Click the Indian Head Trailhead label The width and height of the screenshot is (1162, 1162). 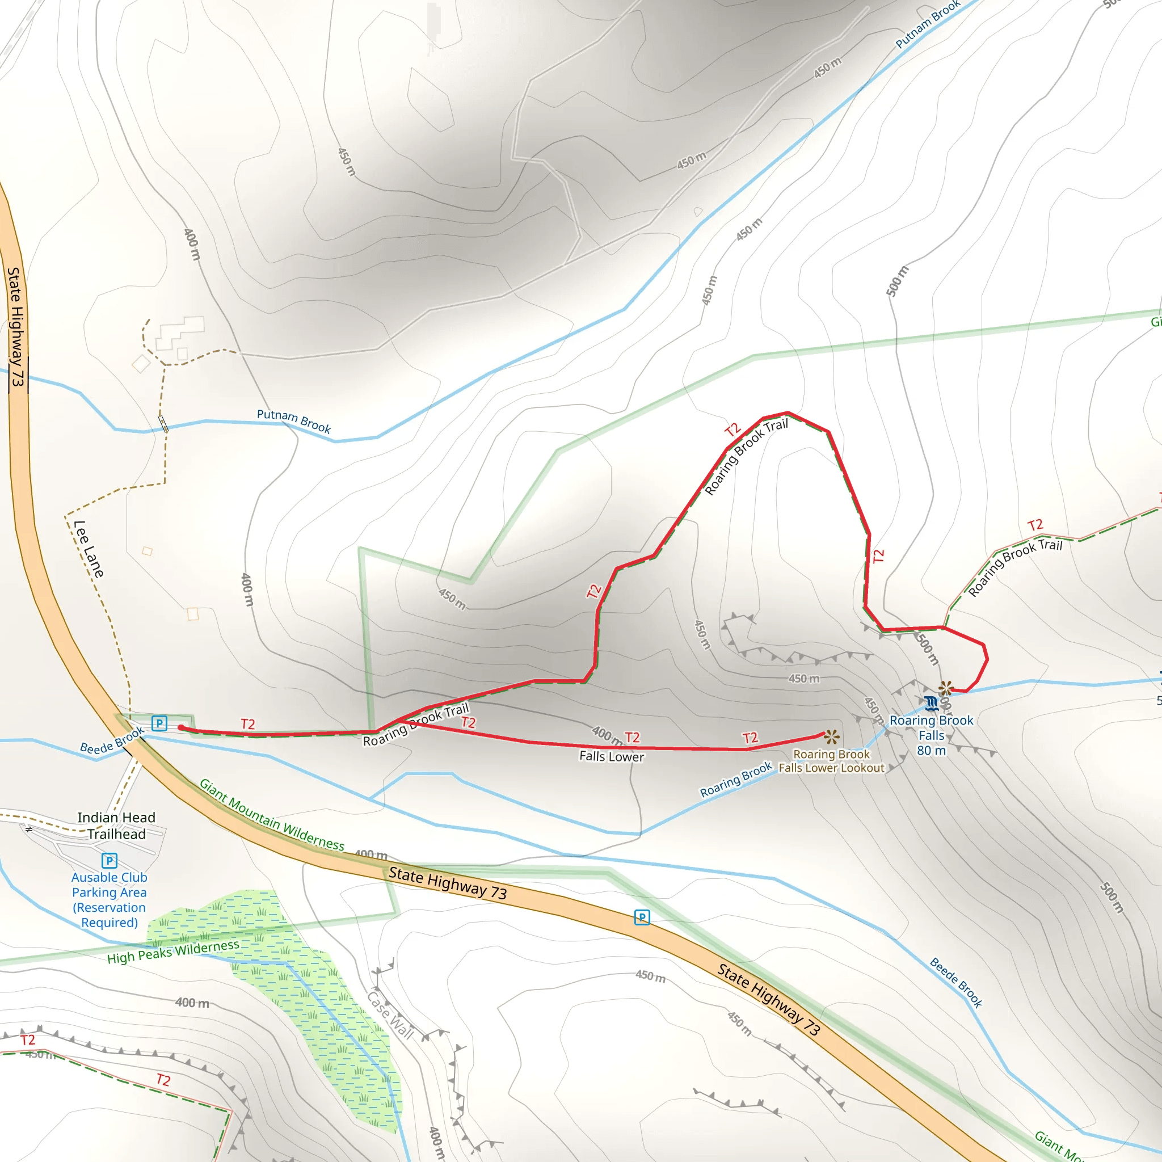point(116,825)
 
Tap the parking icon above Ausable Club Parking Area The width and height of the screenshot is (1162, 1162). point(110,861)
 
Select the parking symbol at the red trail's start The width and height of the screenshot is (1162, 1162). point(159,723)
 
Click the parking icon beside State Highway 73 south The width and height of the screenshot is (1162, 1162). point(642,917)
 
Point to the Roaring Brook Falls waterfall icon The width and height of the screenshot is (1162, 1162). point(932,702)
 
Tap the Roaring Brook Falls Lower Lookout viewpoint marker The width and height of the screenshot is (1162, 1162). point(832,737)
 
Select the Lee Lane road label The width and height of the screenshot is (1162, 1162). point(89,549)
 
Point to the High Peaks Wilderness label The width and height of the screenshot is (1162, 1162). point(173,952)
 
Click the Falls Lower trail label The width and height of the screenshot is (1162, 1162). point(611,757)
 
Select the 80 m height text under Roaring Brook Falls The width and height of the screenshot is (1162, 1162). point(931,751)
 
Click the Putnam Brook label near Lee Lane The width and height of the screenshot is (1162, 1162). point(293,420)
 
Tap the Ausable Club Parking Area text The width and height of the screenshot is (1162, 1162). point(110,900)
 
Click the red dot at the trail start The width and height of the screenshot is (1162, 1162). point(181,728)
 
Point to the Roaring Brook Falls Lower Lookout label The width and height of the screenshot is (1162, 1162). point(831,761)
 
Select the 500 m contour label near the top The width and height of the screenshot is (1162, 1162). point(897,280)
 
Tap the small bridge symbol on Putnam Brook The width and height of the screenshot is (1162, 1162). point(163,424)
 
